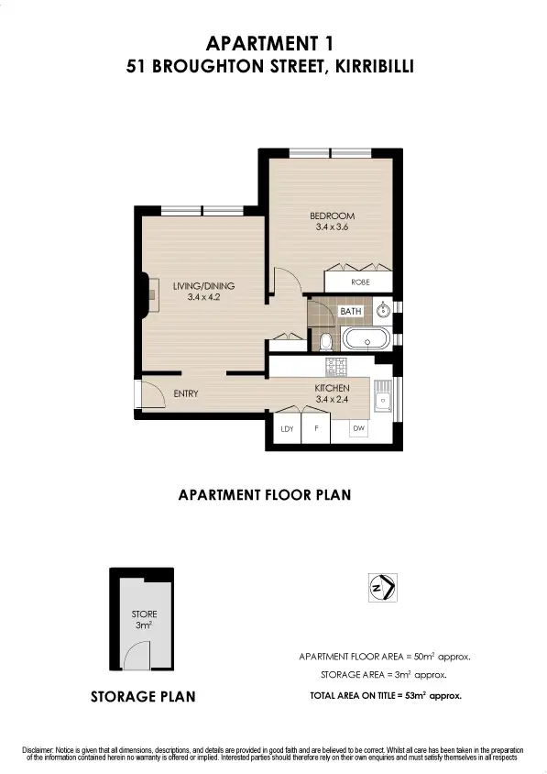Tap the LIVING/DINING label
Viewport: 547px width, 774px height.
pos(198,286)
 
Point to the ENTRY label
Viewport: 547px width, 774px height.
pos(186,393)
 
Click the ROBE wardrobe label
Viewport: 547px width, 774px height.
pos(360,282)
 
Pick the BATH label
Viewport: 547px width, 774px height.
pos(351,312)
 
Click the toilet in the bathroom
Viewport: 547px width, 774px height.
pos(325,341)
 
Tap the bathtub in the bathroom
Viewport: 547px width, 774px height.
pos(367,340)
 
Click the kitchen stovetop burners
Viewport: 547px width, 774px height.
pos(337,366)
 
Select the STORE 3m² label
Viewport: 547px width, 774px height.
pos(143,620)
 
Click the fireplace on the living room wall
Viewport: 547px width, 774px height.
pos(145,294)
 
